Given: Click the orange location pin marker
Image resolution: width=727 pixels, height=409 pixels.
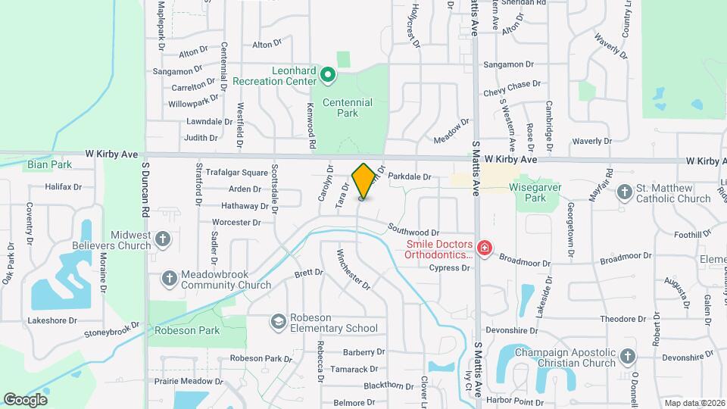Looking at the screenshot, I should click(x=363, y=181).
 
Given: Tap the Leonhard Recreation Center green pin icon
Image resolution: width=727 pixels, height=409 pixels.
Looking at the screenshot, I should click(x=328, y=74).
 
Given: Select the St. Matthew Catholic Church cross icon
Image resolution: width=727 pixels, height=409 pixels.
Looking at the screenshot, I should click(x=625, y=192).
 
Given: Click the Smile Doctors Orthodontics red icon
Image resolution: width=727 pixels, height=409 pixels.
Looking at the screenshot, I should click(x=484, y=248).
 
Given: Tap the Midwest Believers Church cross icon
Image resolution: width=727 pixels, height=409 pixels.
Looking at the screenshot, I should click(x=163, y=240).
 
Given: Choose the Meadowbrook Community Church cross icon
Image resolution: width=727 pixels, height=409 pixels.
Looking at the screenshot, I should click(x=170, y=279).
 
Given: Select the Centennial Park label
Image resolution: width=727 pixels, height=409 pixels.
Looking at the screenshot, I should click(x=347, y=108).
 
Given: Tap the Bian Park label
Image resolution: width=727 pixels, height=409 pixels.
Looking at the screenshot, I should click(x=49, y=164).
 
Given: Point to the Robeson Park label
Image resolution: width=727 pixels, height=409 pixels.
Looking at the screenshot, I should click(x=187, y=330).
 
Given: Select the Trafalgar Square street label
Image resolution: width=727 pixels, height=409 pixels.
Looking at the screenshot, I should click(x=227, y=173).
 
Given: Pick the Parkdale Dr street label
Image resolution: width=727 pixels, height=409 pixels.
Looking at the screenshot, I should click(x=409, y=176).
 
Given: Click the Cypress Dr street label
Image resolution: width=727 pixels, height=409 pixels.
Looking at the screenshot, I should click(x=444, y=268).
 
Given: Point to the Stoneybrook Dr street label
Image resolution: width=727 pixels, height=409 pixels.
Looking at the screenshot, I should click(x=112, y=329).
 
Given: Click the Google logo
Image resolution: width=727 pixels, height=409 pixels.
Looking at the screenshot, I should click(x=25, y=400).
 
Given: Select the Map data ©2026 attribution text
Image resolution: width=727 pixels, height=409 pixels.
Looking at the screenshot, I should click(x=694, y=403).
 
